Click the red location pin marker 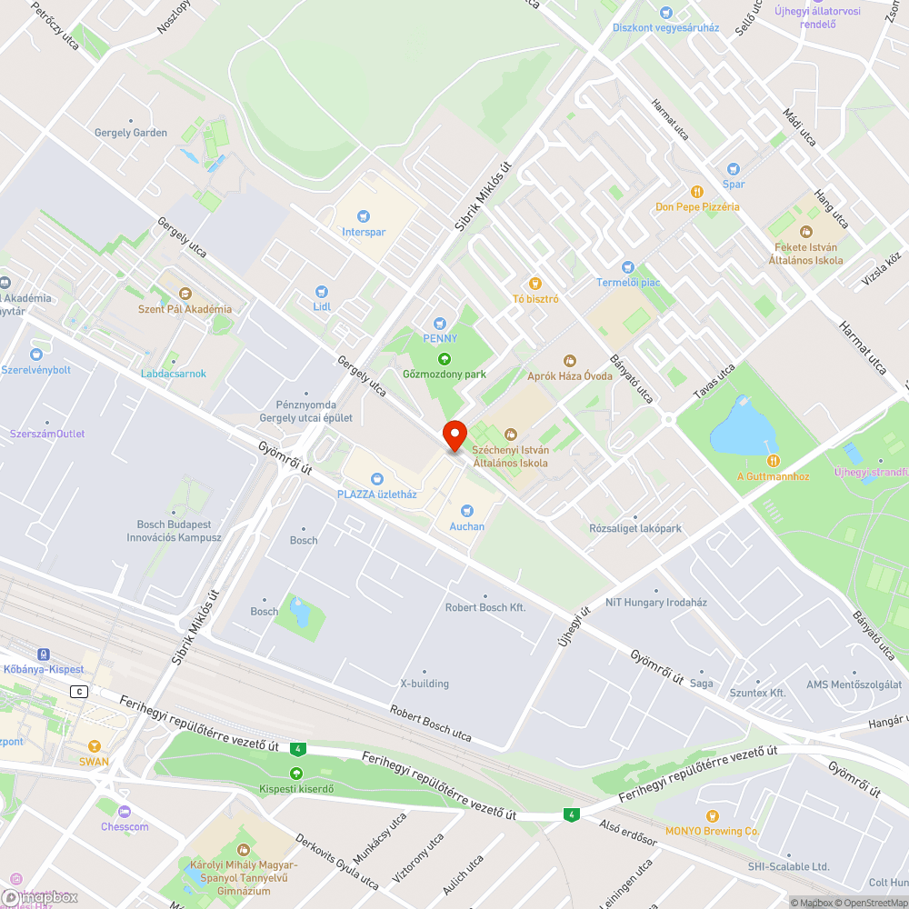[x=454, y=435]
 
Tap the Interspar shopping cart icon [x=364, y=216]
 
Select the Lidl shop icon [x=321, y=291]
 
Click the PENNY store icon [x=440, y=323]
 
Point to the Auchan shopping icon [x=466, y=511]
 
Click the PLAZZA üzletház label [x=376, y=494]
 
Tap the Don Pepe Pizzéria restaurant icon [x=697, y=192]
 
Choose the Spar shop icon [x=733, y=169]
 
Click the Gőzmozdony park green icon [x=445, y=359]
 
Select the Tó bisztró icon [x=535, y=284]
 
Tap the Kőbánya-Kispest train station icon [x=43, y=654]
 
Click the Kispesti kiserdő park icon [x=295, y=773]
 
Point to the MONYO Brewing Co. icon [x=712, y=815]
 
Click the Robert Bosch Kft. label [x=485, y=607]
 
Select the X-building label [x=425, y=684]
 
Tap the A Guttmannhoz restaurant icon [x=772, y=461]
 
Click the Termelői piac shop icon [x=627, y=267]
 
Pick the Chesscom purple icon [x=125, y=811]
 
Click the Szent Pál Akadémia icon [x=185, y=294]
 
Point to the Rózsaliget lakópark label [x=634, y=528]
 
